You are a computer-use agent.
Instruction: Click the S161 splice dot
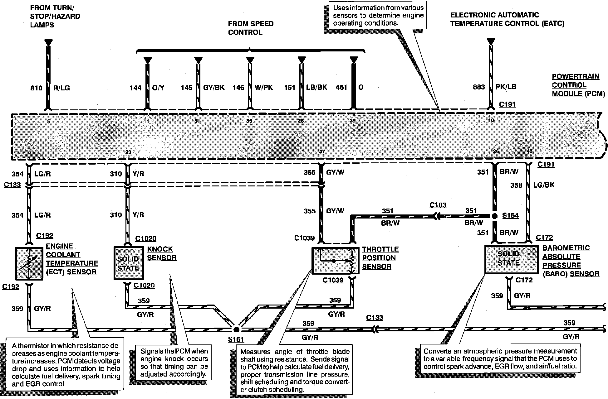click(x=237, y=329)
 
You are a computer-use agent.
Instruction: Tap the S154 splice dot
click(x=494, y=216)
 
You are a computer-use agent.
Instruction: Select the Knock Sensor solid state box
click(x=128, y=263)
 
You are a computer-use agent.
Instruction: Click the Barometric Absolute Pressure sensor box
click(x=511, y=259)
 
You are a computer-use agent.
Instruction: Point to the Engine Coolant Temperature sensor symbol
click(x=29, y=263)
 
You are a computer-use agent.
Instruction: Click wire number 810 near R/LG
click(x=36, y=88)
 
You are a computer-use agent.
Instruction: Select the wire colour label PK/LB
click(x=506, y=87)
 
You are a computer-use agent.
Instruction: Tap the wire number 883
click(x=479, y=87)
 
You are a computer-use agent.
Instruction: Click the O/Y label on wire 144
click(x=158, y=88)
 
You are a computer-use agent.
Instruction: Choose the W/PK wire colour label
click(x=263, y=87)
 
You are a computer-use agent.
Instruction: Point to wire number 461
click(x=341, y=87)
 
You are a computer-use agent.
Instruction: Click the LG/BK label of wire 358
click(x=544, y=185)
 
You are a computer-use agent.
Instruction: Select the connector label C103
click(x=438, y=205)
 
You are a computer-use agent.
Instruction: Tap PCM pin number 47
click(x=322, y=152)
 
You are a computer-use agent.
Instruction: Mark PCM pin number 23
click(x=128, y=152)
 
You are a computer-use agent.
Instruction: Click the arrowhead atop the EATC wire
click(x=491, y=41)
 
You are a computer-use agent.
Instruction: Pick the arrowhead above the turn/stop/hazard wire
click(x=48, y=43)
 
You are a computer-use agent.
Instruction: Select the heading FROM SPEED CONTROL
click(x=251, y=28)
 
